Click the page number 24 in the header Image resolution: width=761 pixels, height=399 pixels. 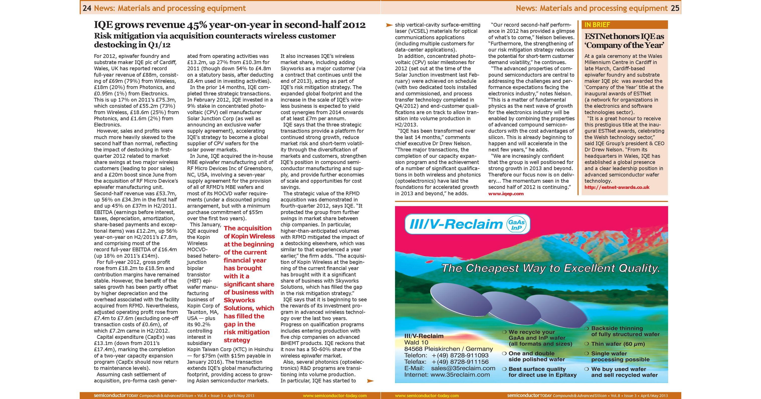point(86,8)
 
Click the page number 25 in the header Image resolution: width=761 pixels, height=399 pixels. point(675,8)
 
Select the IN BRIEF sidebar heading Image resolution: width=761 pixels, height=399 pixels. point(597,25)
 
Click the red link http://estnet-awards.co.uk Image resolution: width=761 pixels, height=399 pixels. point(617,187)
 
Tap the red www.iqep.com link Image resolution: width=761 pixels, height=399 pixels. point(506,194)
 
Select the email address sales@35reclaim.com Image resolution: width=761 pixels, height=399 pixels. point(463,368)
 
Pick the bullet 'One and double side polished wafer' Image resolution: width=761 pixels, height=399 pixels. point(536,356)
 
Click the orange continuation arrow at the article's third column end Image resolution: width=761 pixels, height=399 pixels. point(370,381)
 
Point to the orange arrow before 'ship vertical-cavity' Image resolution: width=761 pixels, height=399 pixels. point(389,25)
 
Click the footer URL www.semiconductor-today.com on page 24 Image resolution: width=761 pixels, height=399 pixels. point(334,396)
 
